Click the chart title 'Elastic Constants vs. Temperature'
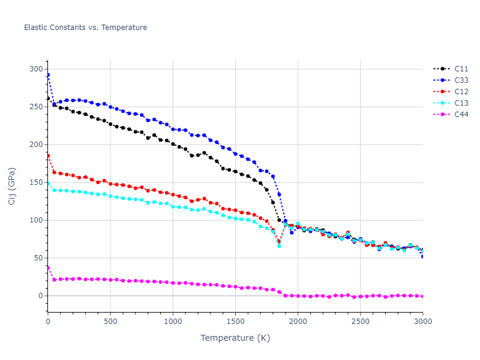[x=85, y=28]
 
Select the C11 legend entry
[x=461, y=69]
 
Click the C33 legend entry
[x=461, y=80]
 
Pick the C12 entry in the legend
[x=461, y=92]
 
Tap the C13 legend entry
[x=461, y=103]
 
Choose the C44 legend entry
[x=461, y=115]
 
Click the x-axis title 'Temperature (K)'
[x=235, y=338]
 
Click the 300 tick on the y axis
[x=37, y=69]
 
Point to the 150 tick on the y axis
[x=37, y=182]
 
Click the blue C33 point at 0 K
[x=48, y=75]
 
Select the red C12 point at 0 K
[x=48, y=156]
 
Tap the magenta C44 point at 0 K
[x=48, y=268]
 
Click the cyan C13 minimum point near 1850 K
[x=279, y=246]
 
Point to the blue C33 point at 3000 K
[x=422, y=256]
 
